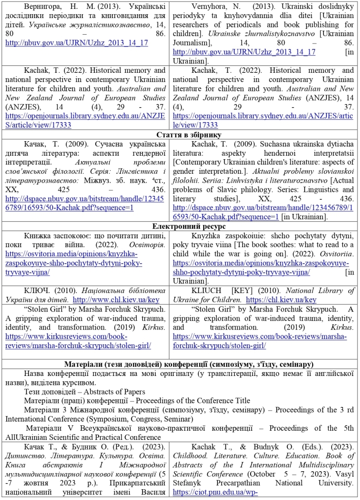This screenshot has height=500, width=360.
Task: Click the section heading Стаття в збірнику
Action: coord(180,134)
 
